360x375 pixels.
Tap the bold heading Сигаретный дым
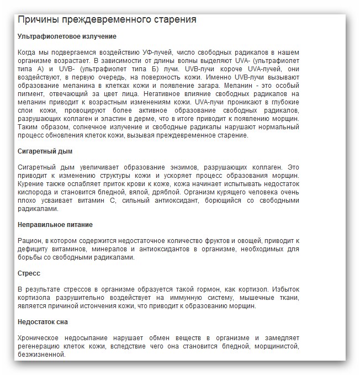coord(45,151)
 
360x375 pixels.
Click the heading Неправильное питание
coord(55,225)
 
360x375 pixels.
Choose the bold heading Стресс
coord(29,273)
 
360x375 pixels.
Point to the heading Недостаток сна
coord(43,322)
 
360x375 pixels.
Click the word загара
coord(203,86)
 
